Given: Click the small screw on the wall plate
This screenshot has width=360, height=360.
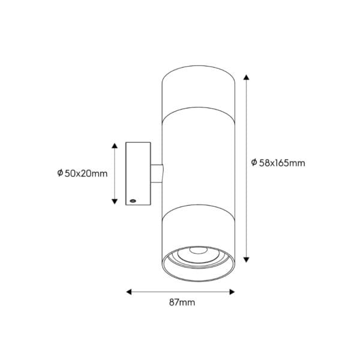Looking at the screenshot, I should (x=133, y=198).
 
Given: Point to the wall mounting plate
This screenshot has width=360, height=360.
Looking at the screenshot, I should (x=138, y=173).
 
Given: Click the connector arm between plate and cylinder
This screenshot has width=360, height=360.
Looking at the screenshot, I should (x=157, y=173).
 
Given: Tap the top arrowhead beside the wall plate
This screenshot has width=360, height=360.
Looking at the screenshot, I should (x=115, y=146).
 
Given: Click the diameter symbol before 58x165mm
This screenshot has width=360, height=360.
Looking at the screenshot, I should (x=254, y=163).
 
